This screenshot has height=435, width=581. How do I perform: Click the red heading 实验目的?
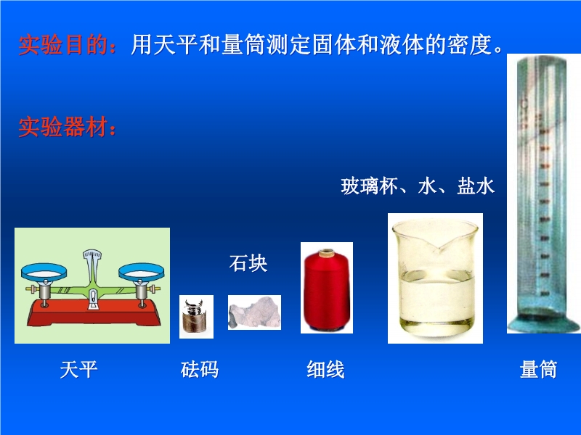(63, 45)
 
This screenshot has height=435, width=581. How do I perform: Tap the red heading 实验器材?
(63, 127)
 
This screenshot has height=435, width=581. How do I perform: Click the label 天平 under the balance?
(78, 369)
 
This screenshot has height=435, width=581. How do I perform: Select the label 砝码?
(200, 369)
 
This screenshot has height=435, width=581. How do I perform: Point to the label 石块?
(248, 263)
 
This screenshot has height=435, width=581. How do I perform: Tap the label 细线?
(325, 369)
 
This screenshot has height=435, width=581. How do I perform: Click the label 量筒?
(538, 369)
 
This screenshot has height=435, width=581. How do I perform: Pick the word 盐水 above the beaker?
(476, 186)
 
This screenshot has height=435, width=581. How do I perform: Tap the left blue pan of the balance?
(44, 272)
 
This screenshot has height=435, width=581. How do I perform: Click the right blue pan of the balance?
(141, 272)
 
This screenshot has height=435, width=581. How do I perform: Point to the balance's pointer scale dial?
(92, 254)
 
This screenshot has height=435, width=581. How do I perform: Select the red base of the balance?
(94, 313)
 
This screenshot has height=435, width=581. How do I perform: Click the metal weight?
(196, 316)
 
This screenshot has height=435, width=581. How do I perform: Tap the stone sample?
(255, 312)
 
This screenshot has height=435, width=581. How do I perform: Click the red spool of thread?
(327, 289)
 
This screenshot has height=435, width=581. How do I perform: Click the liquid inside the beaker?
(436, 299)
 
